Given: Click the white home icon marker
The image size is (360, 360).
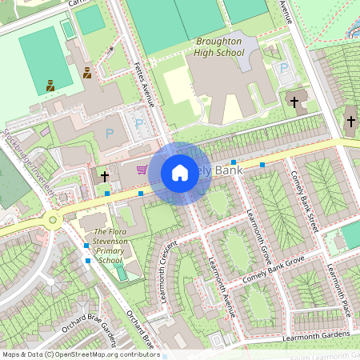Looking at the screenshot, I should [180, 172].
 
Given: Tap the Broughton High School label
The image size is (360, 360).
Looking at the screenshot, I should [219, 46].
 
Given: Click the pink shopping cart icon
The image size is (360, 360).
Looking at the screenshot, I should [142, 169].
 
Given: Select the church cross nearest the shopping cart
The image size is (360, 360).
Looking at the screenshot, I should [105, 174].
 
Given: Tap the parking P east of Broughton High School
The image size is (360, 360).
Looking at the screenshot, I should [284, 69].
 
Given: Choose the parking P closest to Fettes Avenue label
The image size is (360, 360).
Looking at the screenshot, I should [138, 125].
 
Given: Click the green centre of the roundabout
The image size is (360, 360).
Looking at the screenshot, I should [53, 220].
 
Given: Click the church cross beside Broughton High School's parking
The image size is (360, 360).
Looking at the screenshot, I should [294, 102].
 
